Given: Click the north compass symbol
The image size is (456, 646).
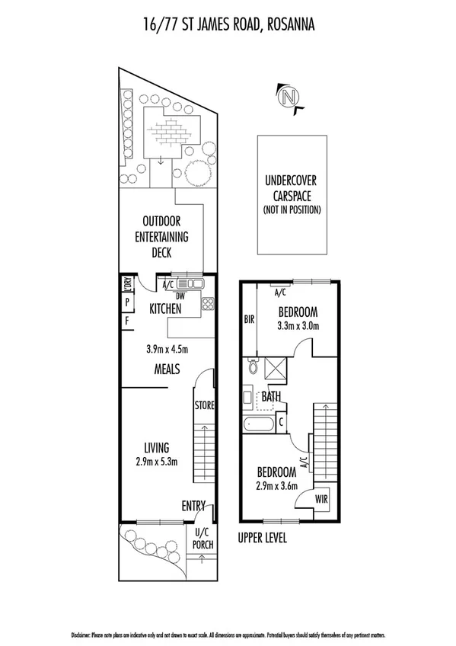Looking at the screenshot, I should pyautogui.click(x=288, y=98).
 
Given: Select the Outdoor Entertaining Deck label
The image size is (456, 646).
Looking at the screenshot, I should pyautogui.click(x=161, y=237).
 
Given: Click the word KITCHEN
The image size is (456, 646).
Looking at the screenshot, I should pyautogui.click(x=165, y=309).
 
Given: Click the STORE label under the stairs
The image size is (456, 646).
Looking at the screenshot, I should pyautogui.click(x=203, y=405).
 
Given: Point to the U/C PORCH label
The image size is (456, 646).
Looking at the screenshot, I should pyautogui.click(x=202, y=539).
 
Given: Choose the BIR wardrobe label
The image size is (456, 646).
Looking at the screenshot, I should pyautogui.click(x=248, y=320).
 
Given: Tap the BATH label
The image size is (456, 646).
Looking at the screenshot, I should pyautogui.click(x=271, y=396).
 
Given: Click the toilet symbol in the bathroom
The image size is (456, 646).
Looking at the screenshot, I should pyautogui.click(x=253, y=369).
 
